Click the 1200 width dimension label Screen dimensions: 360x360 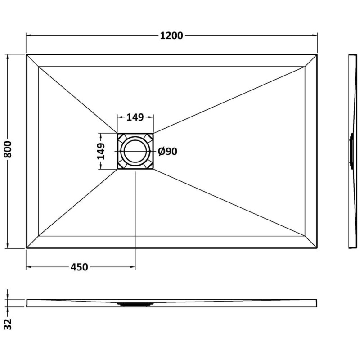[171, 36]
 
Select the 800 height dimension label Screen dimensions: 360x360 [8, 149]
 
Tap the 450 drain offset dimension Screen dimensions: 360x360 [79, 267]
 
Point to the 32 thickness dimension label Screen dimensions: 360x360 [8, 324]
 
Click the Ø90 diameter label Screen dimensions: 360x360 [167, 152]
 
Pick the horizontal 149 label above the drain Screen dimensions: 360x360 [135, 117]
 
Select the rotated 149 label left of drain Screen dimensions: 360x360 [101, 151]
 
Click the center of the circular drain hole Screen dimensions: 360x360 [135, 151]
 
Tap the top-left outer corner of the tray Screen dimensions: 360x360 [27, 54]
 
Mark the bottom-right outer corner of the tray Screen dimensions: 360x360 [317, 248]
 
